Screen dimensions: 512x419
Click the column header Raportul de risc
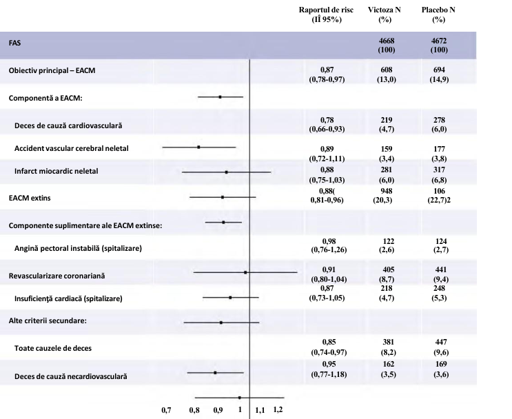coord(326,10)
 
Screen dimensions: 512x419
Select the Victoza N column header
coord(385,10)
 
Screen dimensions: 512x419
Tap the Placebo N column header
coord(438,10)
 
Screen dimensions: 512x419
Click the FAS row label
coord(14,43)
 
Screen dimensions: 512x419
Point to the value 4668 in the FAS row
coord(387,41)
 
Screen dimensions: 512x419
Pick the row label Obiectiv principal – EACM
coord(52,70)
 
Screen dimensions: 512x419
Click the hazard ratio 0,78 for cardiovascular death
coord(327,120)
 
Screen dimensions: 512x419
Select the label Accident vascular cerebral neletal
coord(72,148)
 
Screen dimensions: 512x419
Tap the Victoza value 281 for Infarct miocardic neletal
coord(387,170)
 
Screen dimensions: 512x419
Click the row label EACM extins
coord(30,198)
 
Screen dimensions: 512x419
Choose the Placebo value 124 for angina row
coord(441,241)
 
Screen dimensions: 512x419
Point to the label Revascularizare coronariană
coord(57,276)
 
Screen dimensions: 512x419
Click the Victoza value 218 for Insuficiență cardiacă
coord(387,288)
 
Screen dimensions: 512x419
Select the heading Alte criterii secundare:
coord(48,320)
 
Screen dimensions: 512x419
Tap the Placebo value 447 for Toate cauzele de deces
coord(441,342)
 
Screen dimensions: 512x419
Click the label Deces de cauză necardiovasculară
coord(70,376)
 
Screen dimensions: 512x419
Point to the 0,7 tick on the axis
coord(166,410)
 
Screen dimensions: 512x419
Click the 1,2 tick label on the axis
coord(278,409)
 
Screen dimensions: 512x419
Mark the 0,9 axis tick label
coord(218,410)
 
